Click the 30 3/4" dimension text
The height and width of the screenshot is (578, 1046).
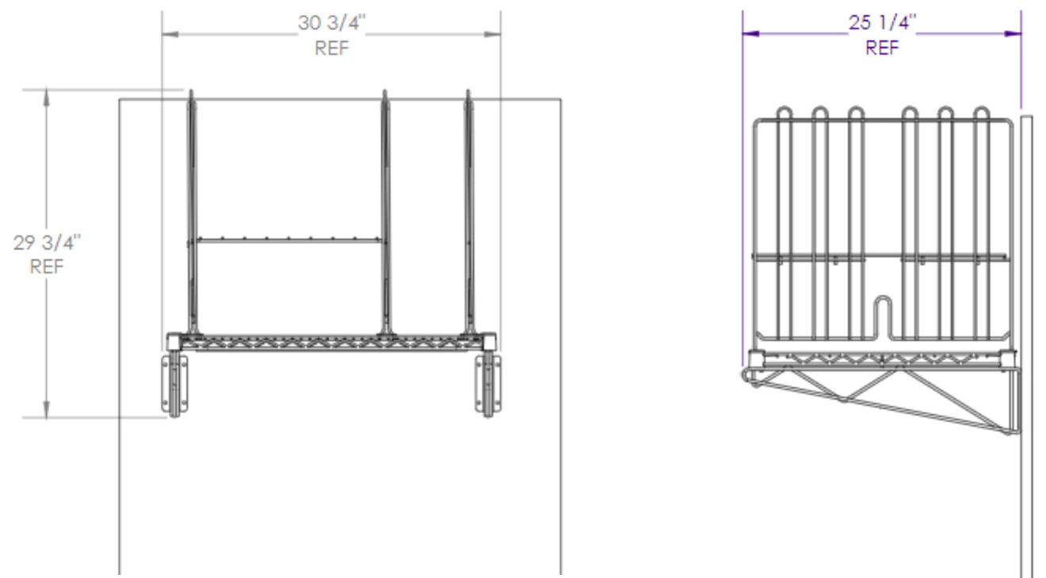pos(331,23)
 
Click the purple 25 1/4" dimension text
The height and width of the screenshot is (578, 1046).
pos(883,23)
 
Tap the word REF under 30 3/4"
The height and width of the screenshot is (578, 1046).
pos(331,48)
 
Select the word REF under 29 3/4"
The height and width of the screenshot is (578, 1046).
pos(47,267)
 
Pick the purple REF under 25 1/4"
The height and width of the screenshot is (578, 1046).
pos(882,48)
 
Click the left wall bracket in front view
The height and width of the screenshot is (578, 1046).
pos(175,385)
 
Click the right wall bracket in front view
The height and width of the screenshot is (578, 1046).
pos(487,385)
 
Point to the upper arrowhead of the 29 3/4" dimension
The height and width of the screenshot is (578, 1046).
pos(47,96)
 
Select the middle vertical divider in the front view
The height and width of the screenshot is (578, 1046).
pos(385,214)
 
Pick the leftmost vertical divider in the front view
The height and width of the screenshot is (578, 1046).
pos(191,214)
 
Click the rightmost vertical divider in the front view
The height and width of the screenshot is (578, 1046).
pos(468,214)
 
